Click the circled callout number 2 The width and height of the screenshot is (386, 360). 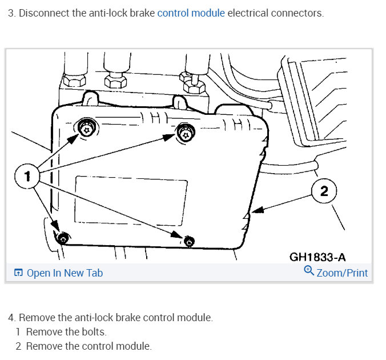[325, 191]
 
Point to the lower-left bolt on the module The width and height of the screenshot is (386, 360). [63, 237]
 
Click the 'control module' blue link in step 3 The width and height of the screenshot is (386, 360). [191, 13]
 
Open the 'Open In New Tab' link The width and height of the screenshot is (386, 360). [64, 273]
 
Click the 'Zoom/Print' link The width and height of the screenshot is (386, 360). [342, 273]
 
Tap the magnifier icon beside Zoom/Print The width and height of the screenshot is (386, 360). [309, 271]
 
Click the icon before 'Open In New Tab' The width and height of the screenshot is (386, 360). [18, 273]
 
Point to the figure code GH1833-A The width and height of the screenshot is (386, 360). [325, 257]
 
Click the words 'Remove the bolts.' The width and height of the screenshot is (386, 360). [66, 331]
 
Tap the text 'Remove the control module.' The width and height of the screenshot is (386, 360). [89, 346]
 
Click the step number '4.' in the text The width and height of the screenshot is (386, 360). [12, 317]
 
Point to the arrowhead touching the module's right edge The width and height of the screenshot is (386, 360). [258, 210]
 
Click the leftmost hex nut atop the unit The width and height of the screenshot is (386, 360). [75, 79]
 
